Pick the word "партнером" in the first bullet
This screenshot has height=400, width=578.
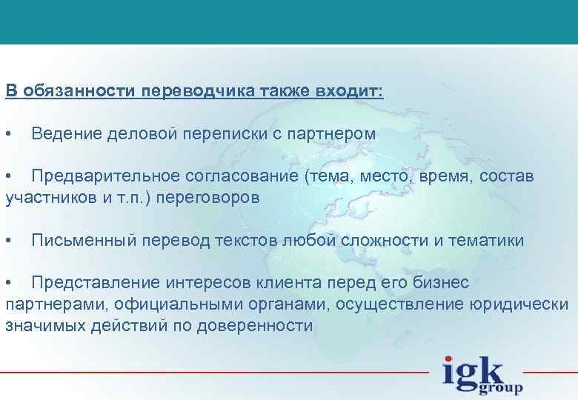tap(338, 135)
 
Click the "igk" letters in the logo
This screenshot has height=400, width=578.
tap(472, 371)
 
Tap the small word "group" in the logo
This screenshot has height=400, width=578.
tap(502, 387)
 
